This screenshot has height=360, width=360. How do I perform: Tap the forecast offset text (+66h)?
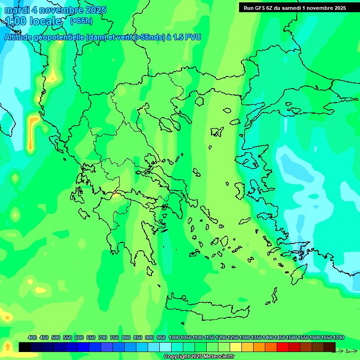click(81, 21)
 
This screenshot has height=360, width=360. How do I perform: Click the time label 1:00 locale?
click(33, 21)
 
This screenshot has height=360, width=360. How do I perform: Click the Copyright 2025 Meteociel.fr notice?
click(199, 357)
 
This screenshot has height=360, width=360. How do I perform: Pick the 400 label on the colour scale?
click(32, 337)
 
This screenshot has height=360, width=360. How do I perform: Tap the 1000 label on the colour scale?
click(173, 337)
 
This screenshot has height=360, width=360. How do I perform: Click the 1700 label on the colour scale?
click(327, 337)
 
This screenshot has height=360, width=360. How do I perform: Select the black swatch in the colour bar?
click(25, 347)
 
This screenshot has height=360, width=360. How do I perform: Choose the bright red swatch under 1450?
click(283, 347)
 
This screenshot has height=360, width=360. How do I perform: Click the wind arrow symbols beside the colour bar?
click(351, 351)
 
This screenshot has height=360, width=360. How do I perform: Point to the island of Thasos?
click(200, 101)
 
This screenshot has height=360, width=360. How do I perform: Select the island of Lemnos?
click(217, 132)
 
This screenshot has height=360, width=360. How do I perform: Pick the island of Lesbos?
click(249, 159)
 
